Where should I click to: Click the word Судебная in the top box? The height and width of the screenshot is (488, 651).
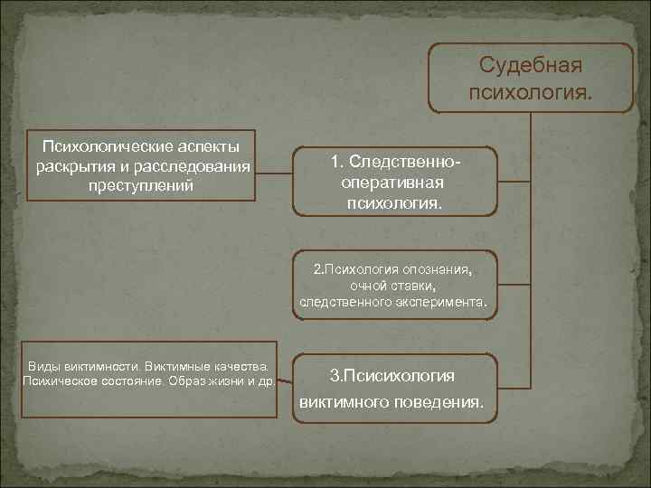click(x=530, y=65)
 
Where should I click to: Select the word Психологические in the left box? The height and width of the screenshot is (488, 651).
click(x=108, y=146)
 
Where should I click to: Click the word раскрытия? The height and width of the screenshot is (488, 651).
click(x=76, y=167)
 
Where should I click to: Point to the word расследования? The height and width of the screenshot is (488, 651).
click(x=192, y=166)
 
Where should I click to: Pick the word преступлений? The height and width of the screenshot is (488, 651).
click(x=141, y=185)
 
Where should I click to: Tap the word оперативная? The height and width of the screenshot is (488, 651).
click(x=392, y=183)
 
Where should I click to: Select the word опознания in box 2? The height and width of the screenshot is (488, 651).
click(x=438, y=269)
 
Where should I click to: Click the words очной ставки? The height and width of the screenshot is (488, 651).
click(x=392, y=286)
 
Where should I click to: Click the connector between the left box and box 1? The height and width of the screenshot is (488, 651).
click(x=274, y=173)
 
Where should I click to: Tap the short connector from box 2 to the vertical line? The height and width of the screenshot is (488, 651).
click(x=514, y=285)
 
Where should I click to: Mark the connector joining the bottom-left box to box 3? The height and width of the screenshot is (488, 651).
click(x=285, y=381)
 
